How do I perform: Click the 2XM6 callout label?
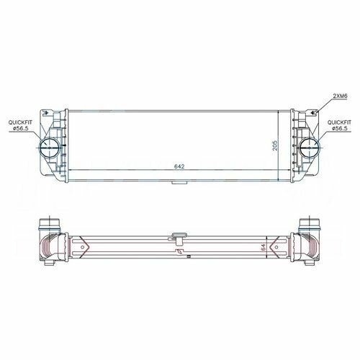pyautogui.click(x=340, y=96)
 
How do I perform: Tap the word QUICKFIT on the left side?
pyautogui.click(x=20, y=122)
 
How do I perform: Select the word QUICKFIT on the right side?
pyautogui.click(x=339, y=122)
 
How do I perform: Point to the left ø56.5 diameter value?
pyautogui.click(x=21, y=128)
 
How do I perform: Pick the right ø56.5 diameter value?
pyautogui.click(x=340, y=128)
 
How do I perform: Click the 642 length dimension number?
pyautogui.click(x=179, y=166)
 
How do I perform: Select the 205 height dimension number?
pyautogui.click(x=275, y=145)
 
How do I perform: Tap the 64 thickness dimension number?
pyautogui.click(x=264, y=248)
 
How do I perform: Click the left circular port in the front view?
pyautogui.click(x=50, y=148)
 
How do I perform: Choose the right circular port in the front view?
pyautogui.click(x=310, y=148)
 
